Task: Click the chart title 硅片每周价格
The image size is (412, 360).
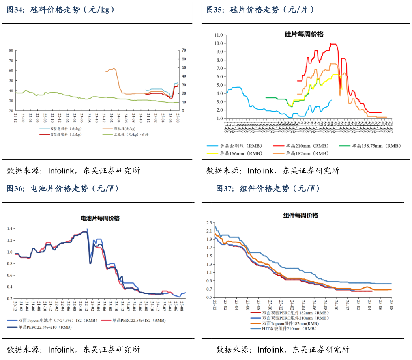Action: (304, 34)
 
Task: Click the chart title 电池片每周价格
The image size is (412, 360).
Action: (100, 218)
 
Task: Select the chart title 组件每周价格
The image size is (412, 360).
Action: (300, 215)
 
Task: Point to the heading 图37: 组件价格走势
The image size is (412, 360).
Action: (268, 188)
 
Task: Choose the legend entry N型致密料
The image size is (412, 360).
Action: (65, 135)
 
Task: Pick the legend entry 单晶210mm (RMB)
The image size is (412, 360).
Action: (306, 146)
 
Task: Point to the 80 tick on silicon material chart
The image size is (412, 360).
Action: (11, 50)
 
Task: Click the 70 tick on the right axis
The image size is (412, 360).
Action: (184, 50)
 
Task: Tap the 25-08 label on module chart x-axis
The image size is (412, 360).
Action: (391, 304)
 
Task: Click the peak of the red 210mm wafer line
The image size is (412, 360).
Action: (331, 43)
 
